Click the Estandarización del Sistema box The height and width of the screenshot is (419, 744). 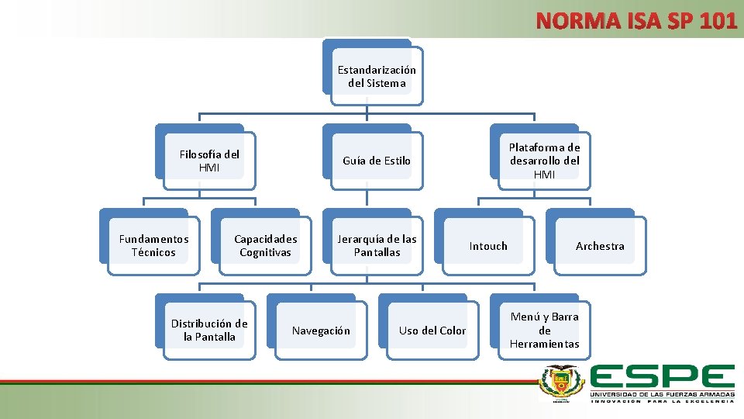tap(377, 76)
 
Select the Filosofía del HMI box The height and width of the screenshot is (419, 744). tap(209, 161)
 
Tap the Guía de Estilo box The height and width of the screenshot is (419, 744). tap(377, 161)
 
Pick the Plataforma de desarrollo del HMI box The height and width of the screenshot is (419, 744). tap(544, 161)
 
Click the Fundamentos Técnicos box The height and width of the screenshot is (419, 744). tap(153, 245)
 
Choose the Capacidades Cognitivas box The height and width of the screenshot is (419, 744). tap(265, 245)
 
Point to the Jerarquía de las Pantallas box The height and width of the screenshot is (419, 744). tap(377, 245)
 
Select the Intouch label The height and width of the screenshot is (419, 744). tap(488, 246)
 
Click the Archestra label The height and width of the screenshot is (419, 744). tap(600, 246)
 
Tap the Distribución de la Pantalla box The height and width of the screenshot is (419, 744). tap(209, 330)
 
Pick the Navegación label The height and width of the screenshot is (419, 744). tap(321, 331)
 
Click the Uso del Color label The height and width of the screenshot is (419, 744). tap(432, 331)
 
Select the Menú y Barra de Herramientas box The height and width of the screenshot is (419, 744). tap(544, 330)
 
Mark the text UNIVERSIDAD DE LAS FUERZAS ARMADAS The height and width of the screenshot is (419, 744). tap(662, 395)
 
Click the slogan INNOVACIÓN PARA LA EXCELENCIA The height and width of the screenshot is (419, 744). tap(662, 401)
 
